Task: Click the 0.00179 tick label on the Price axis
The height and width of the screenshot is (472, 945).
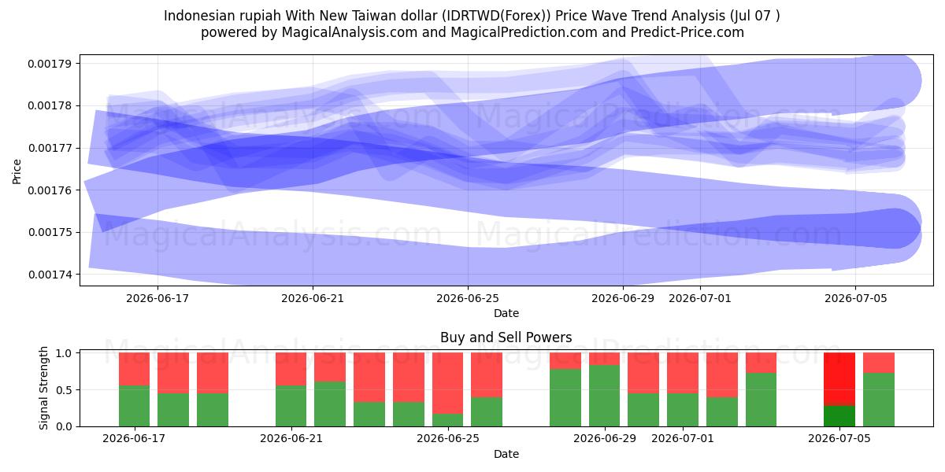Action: (x=50, y=64)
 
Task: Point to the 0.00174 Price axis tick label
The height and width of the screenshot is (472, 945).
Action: (x=50, y=275)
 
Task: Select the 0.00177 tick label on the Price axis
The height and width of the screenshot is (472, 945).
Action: (x=50, y=149)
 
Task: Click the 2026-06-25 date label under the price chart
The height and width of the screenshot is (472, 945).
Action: (x=468, y=298)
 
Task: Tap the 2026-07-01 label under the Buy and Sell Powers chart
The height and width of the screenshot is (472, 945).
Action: (x=683, y=438)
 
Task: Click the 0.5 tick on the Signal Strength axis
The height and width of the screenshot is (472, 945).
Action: (x=64, y=390)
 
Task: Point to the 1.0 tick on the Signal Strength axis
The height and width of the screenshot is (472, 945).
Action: (x=64, y=352)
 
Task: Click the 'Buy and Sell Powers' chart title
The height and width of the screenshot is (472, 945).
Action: (x=506, y=337)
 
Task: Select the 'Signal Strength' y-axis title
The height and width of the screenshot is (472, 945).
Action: (x=43, y=388)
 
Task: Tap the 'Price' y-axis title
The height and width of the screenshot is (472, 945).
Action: (x=17, y=171)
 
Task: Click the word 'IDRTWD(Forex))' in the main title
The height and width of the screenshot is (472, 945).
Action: (x=497, y=16)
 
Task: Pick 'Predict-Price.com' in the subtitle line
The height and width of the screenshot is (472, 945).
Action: (x=687, y=32)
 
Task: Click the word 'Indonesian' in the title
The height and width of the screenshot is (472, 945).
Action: (x=195, y=16)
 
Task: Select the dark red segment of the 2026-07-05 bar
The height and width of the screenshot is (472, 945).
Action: (x=839, y=379)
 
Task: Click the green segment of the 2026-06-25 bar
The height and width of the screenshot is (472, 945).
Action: (x=447, y=420)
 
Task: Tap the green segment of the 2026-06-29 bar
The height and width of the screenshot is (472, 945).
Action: (x=605, y=396)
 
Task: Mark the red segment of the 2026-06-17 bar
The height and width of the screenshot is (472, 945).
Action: (x=134, y=369)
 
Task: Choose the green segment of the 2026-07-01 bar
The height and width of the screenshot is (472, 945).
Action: (x=683, y=410)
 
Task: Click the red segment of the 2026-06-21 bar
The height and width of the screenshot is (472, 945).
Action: (x=291, y=369)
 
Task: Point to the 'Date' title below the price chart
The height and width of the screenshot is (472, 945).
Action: (x=506, y=313)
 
